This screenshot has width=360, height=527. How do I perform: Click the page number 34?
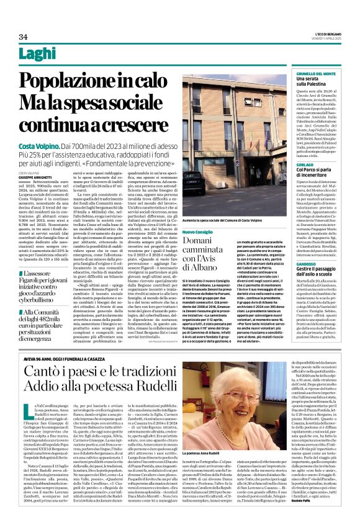23,37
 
